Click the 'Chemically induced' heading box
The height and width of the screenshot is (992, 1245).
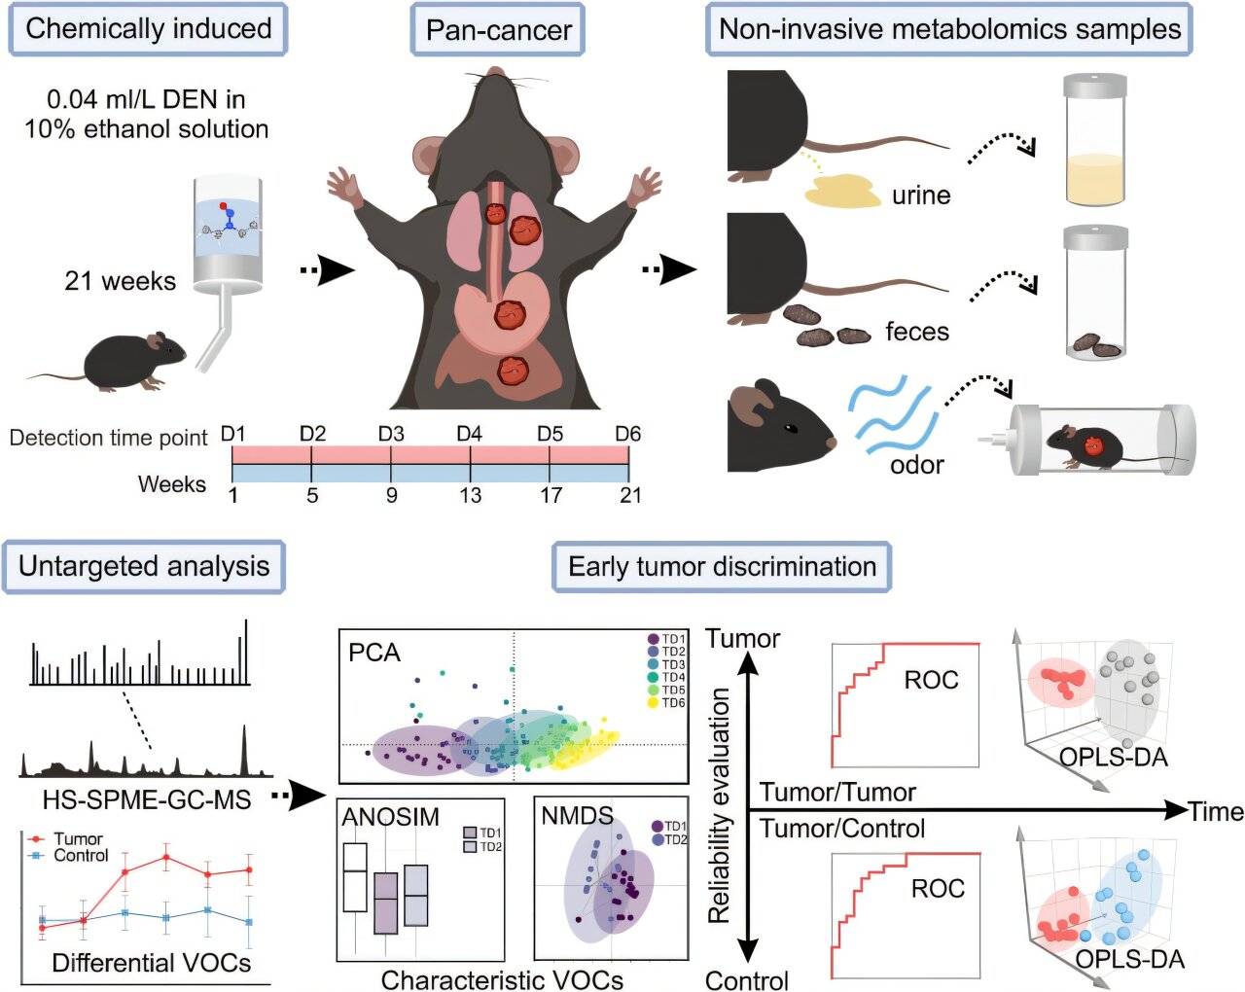click(x=148, y=29)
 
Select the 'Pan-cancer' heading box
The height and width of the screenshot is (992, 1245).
click(x=498, y=30)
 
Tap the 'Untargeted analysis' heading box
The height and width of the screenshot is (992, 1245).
click(x=144, y=566)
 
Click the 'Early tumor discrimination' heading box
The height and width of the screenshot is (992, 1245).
click(x=722, y=567)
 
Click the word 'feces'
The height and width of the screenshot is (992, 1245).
click(x=916, y=332)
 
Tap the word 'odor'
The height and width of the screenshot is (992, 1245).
click(x=916, y=464)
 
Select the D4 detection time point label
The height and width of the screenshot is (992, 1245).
click(x=470, y=434)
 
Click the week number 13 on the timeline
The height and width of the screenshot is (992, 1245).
click(x=470, y=496)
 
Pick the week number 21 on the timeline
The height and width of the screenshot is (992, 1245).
click(x=630, y=496)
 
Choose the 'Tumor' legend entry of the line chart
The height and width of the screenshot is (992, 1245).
click(x=78, y=838)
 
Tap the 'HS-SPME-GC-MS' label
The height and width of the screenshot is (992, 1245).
click(x=146, y=799)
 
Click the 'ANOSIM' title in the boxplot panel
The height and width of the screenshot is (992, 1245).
click(x=391, y=817)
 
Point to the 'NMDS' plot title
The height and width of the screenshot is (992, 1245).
click(x=577, y=816)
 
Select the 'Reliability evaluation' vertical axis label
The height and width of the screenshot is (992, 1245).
click(x=720, y=805)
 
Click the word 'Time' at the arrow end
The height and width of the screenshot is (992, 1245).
click(x=1216, y=811)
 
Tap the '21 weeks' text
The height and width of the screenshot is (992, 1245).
click(x=121, y=282)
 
